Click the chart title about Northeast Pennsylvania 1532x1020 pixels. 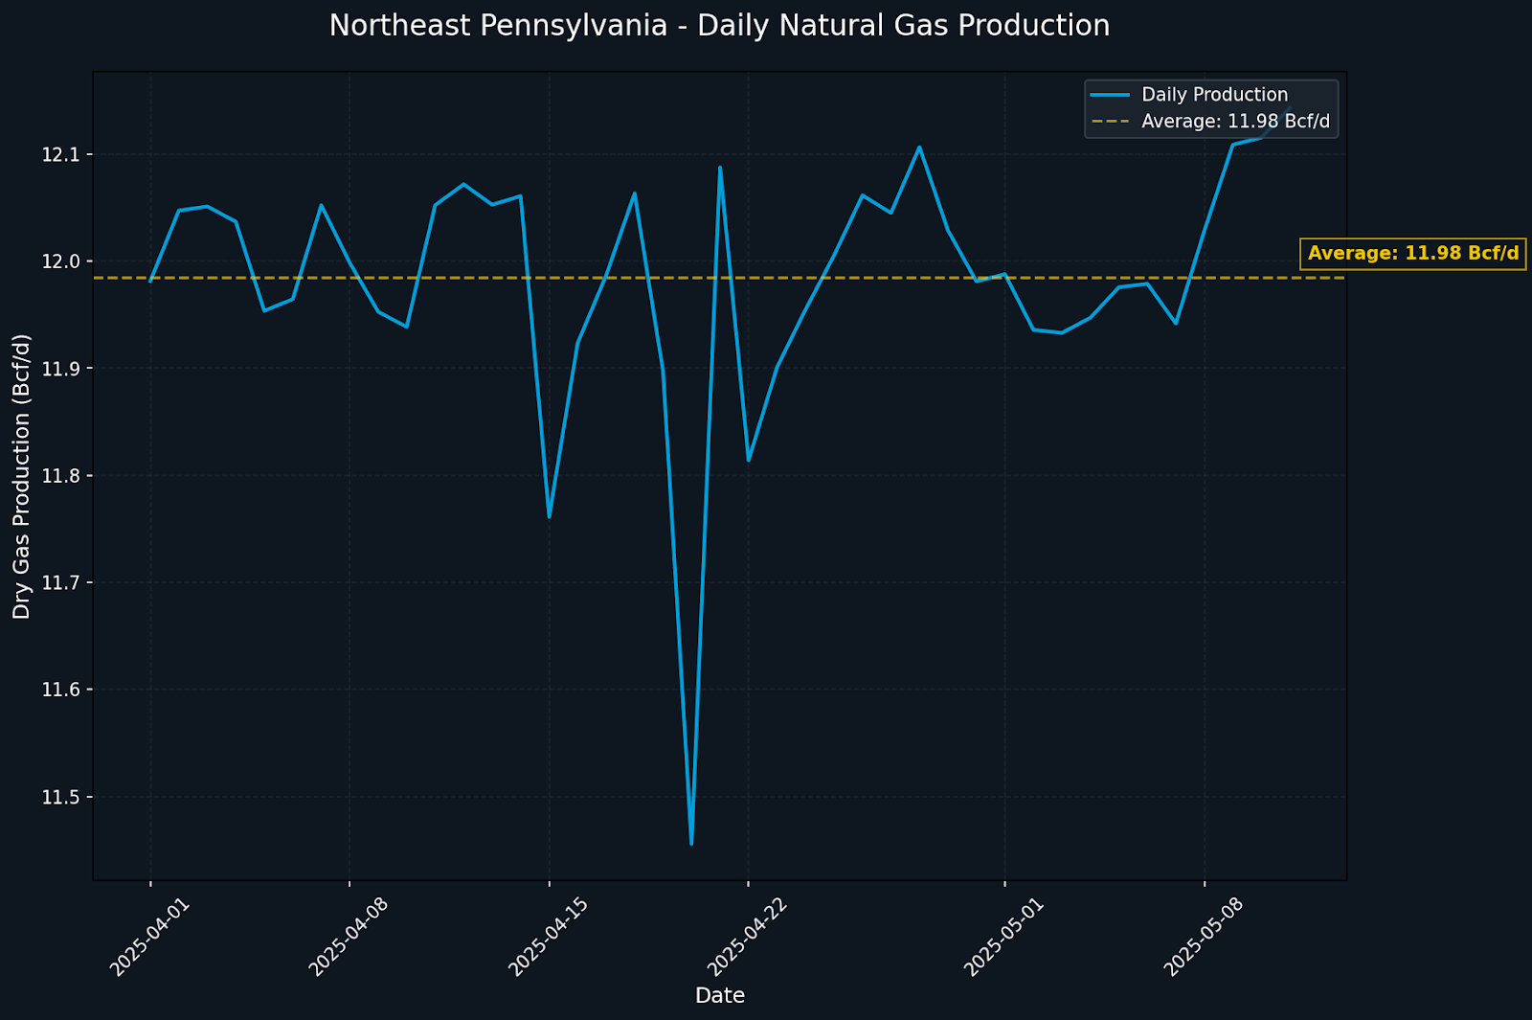click(x=719, y=26)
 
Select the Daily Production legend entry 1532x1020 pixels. click(x=1214, y=95)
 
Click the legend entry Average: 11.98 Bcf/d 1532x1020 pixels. click(x=1235, y=122)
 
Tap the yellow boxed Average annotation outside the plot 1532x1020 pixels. click(x=1412, y=254)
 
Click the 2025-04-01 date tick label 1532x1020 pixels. click(x=150, y=938)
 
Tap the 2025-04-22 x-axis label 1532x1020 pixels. click(x=748, y=938)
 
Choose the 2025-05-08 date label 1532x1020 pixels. click(x=1204, y=938)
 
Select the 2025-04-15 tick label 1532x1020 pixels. click(x=549, y=938)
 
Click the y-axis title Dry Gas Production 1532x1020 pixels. click(x=22, y=476)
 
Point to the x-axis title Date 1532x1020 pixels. click(x=719, y=996)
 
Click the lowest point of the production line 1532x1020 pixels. click(x=691, y=844)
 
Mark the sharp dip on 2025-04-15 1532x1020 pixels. click(x=549, y=517)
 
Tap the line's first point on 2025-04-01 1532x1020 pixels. click(x=150, y=281)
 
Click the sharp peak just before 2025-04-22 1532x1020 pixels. click(x=720, y=168)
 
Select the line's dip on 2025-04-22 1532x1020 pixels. click(x=749, y=460)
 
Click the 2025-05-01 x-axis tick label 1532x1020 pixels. click(x=1004, y=938)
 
